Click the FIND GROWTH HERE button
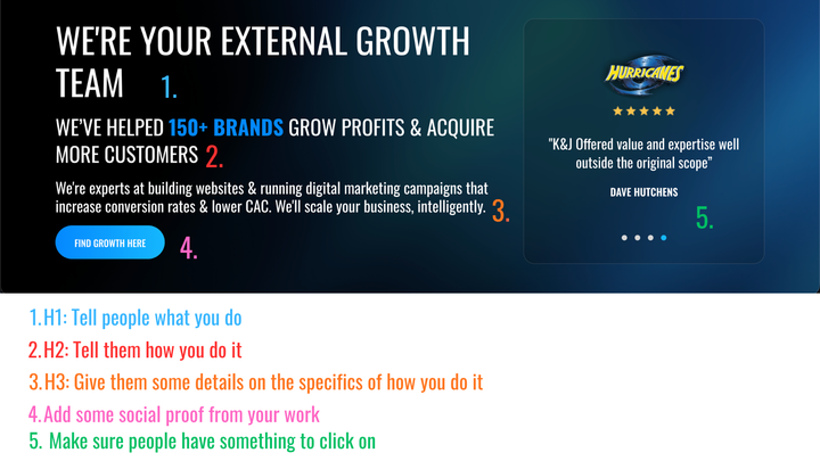[x=110, y=242]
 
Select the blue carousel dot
[x=664, y=238]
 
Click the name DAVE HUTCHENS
[x=644, y=192]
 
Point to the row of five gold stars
[x=644, y=111]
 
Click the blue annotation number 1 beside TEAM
[x=169, y=87]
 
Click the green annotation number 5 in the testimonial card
[x=705, y=218]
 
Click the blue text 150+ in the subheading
[x=188, y=128]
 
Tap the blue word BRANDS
[x=248, y=128]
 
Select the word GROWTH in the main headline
[x=413, y=41]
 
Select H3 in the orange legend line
[x=57, y=382]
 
